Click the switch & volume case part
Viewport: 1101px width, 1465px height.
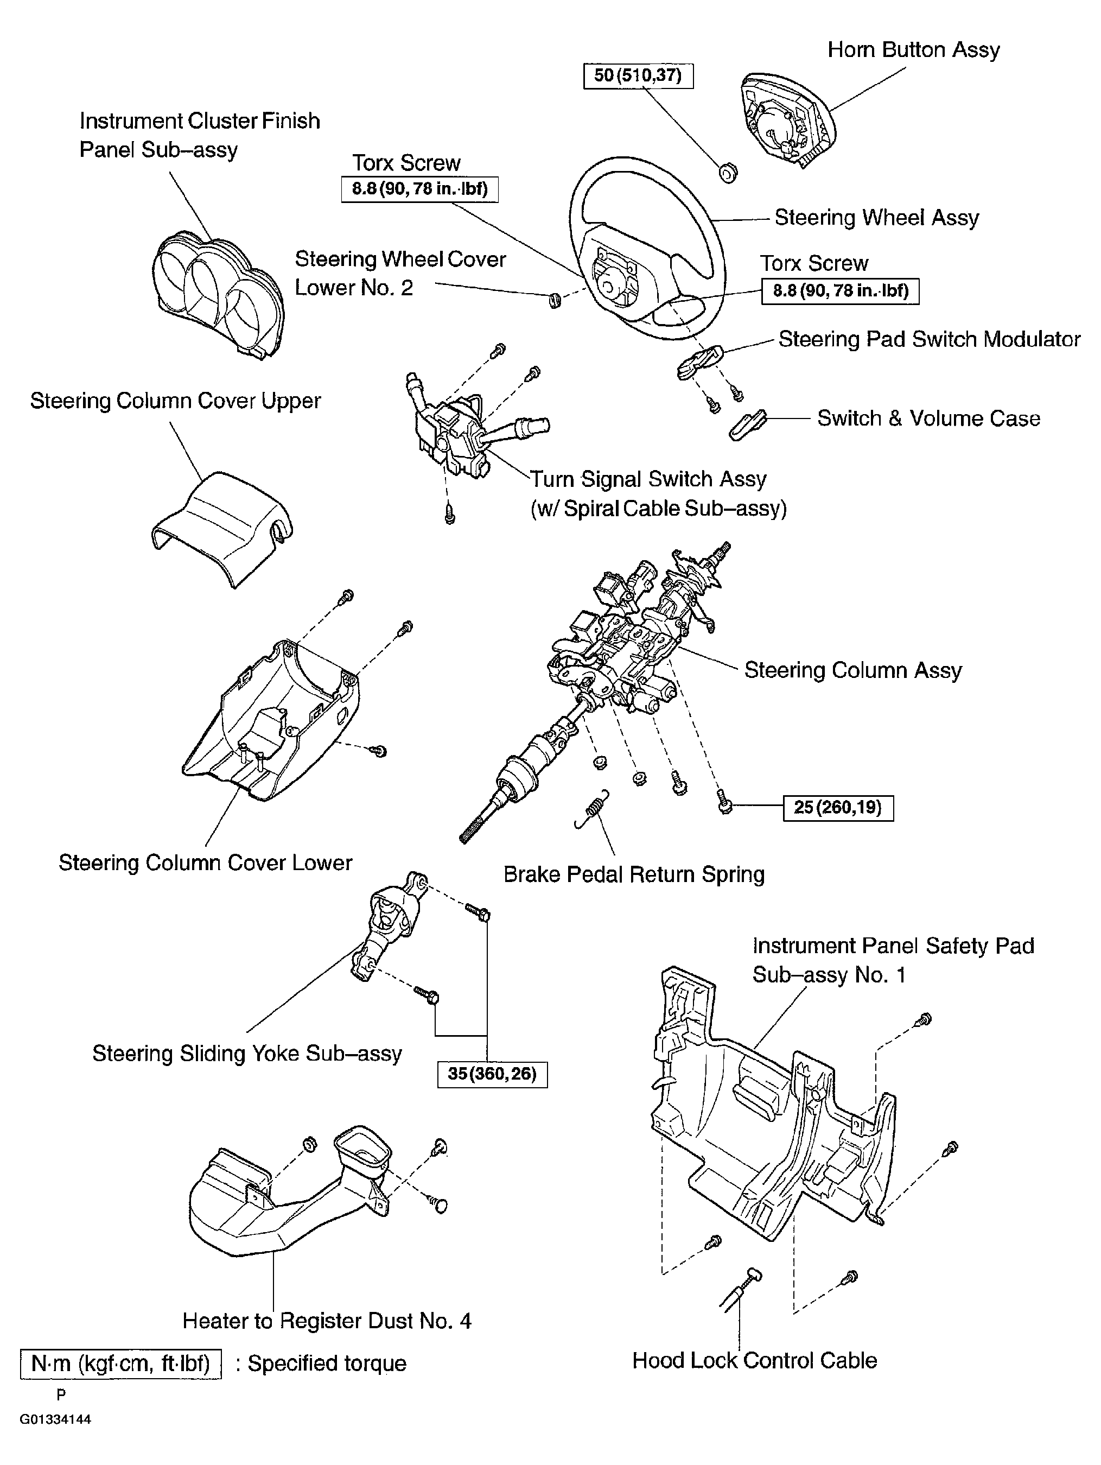[747, 424]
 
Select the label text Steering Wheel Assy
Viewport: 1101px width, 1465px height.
[876, 218]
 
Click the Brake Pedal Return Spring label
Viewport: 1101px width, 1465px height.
[634, 874]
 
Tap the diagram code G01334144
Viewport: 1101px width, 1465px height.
[55, 1419]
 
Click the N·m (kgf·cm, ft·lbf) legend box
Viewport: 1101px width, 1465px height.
[120, 1363]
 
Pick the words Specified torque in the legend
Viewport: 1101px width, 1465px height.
[327, 1363]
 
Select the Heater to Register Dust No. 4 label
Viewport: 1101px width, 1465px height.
[327, 1321]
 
